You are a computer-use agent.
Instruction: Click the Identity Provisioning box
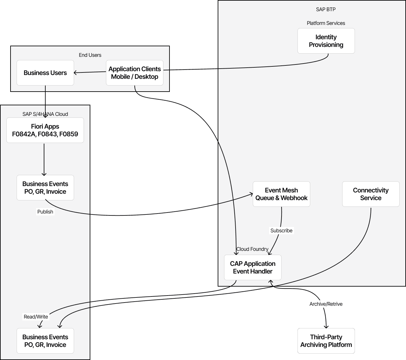(x=326, y=41)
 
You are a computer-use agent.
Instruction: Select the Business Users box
(x=45, y=73)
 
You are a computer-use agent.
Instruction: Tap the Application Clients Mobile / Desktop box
(x=134, y=73)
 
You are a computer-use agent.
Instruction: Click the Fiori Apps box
(x=45, y=130)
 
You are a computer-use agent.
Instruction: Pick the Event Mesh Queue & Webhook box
(x=281, y=194)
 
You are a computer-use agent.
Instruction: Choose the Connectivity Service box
(x=371, y=194)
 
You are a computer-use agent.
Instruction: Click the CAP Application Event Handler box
(x=252, y=267)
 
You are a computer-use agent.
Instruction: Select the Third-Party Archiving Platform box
(x=326, y=341)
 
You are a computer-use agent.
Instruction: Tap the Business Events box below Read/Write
(x=45, y=341)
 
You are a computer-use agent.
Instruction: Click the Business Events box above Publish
(x=45, y=188)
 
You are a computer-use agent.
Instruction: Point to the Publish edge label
(x=45, y=212)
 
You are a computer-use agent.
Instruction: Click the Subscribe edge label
(x=281, y=230)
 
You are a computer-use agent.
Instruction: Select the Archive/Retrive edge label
(x=326, y=304)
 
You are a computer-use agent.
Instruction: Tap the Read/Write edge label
(x=36, y=317)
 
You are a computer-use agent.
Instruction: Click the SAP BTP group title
(x=326, y=9)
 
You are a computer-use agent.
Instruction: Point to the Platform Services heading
(x=326, y=23)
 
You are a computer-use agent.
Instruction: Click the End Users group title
(x=90, y=55)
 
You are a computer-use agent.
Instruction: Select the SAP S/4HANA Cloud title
(x=45, y=114)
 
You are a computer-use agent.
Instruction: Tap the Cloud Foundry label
(x=252, y=249)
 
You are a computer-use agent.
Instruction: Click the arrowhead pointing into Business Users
(x=75, y=73)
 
